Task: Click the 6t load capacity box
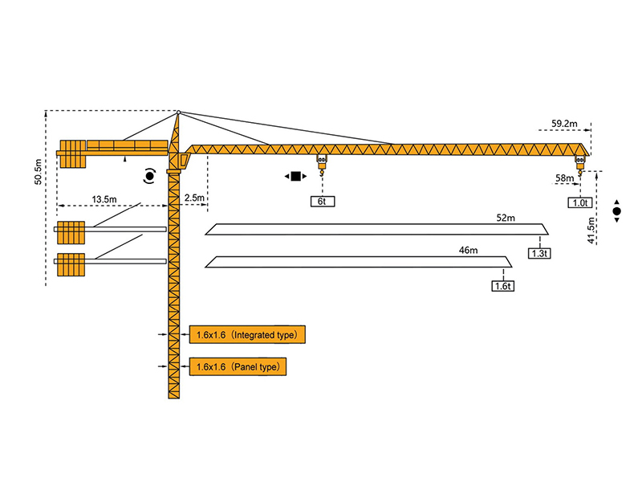322,202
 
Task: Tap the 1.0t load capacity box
580,203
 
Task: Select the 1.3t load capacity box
538,253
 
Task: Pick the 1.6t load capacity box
503,285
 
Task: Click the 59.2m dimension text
566,124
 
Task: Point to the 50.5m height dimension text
38,171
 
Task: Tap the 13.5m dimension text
104,198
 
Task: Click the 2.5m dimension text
194,198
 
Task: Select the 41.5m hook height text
591,230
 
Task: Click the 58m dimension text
565,178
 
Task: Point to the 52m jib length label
506,219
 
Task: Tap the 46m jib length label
468,251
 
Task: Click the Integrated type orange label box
247,333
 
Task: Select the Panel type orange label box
238,366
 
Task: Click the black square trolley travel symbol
295,176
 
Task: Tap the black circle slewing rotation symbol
149,175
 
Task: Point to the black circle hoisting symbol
616,212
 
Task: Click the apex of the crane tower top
177,111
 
